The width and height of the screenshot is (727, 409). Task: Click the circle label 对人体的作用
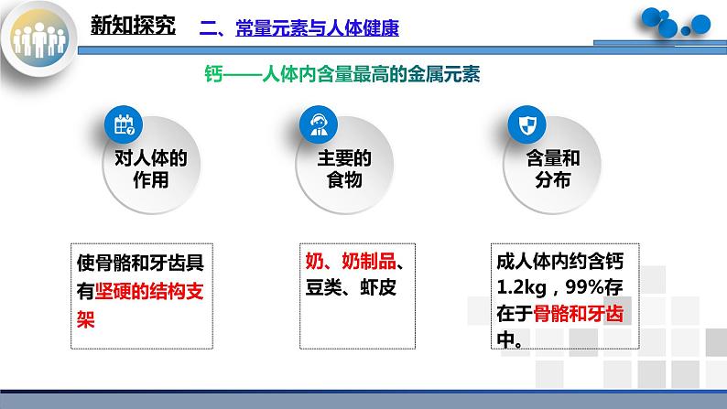tap(146, 169)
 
